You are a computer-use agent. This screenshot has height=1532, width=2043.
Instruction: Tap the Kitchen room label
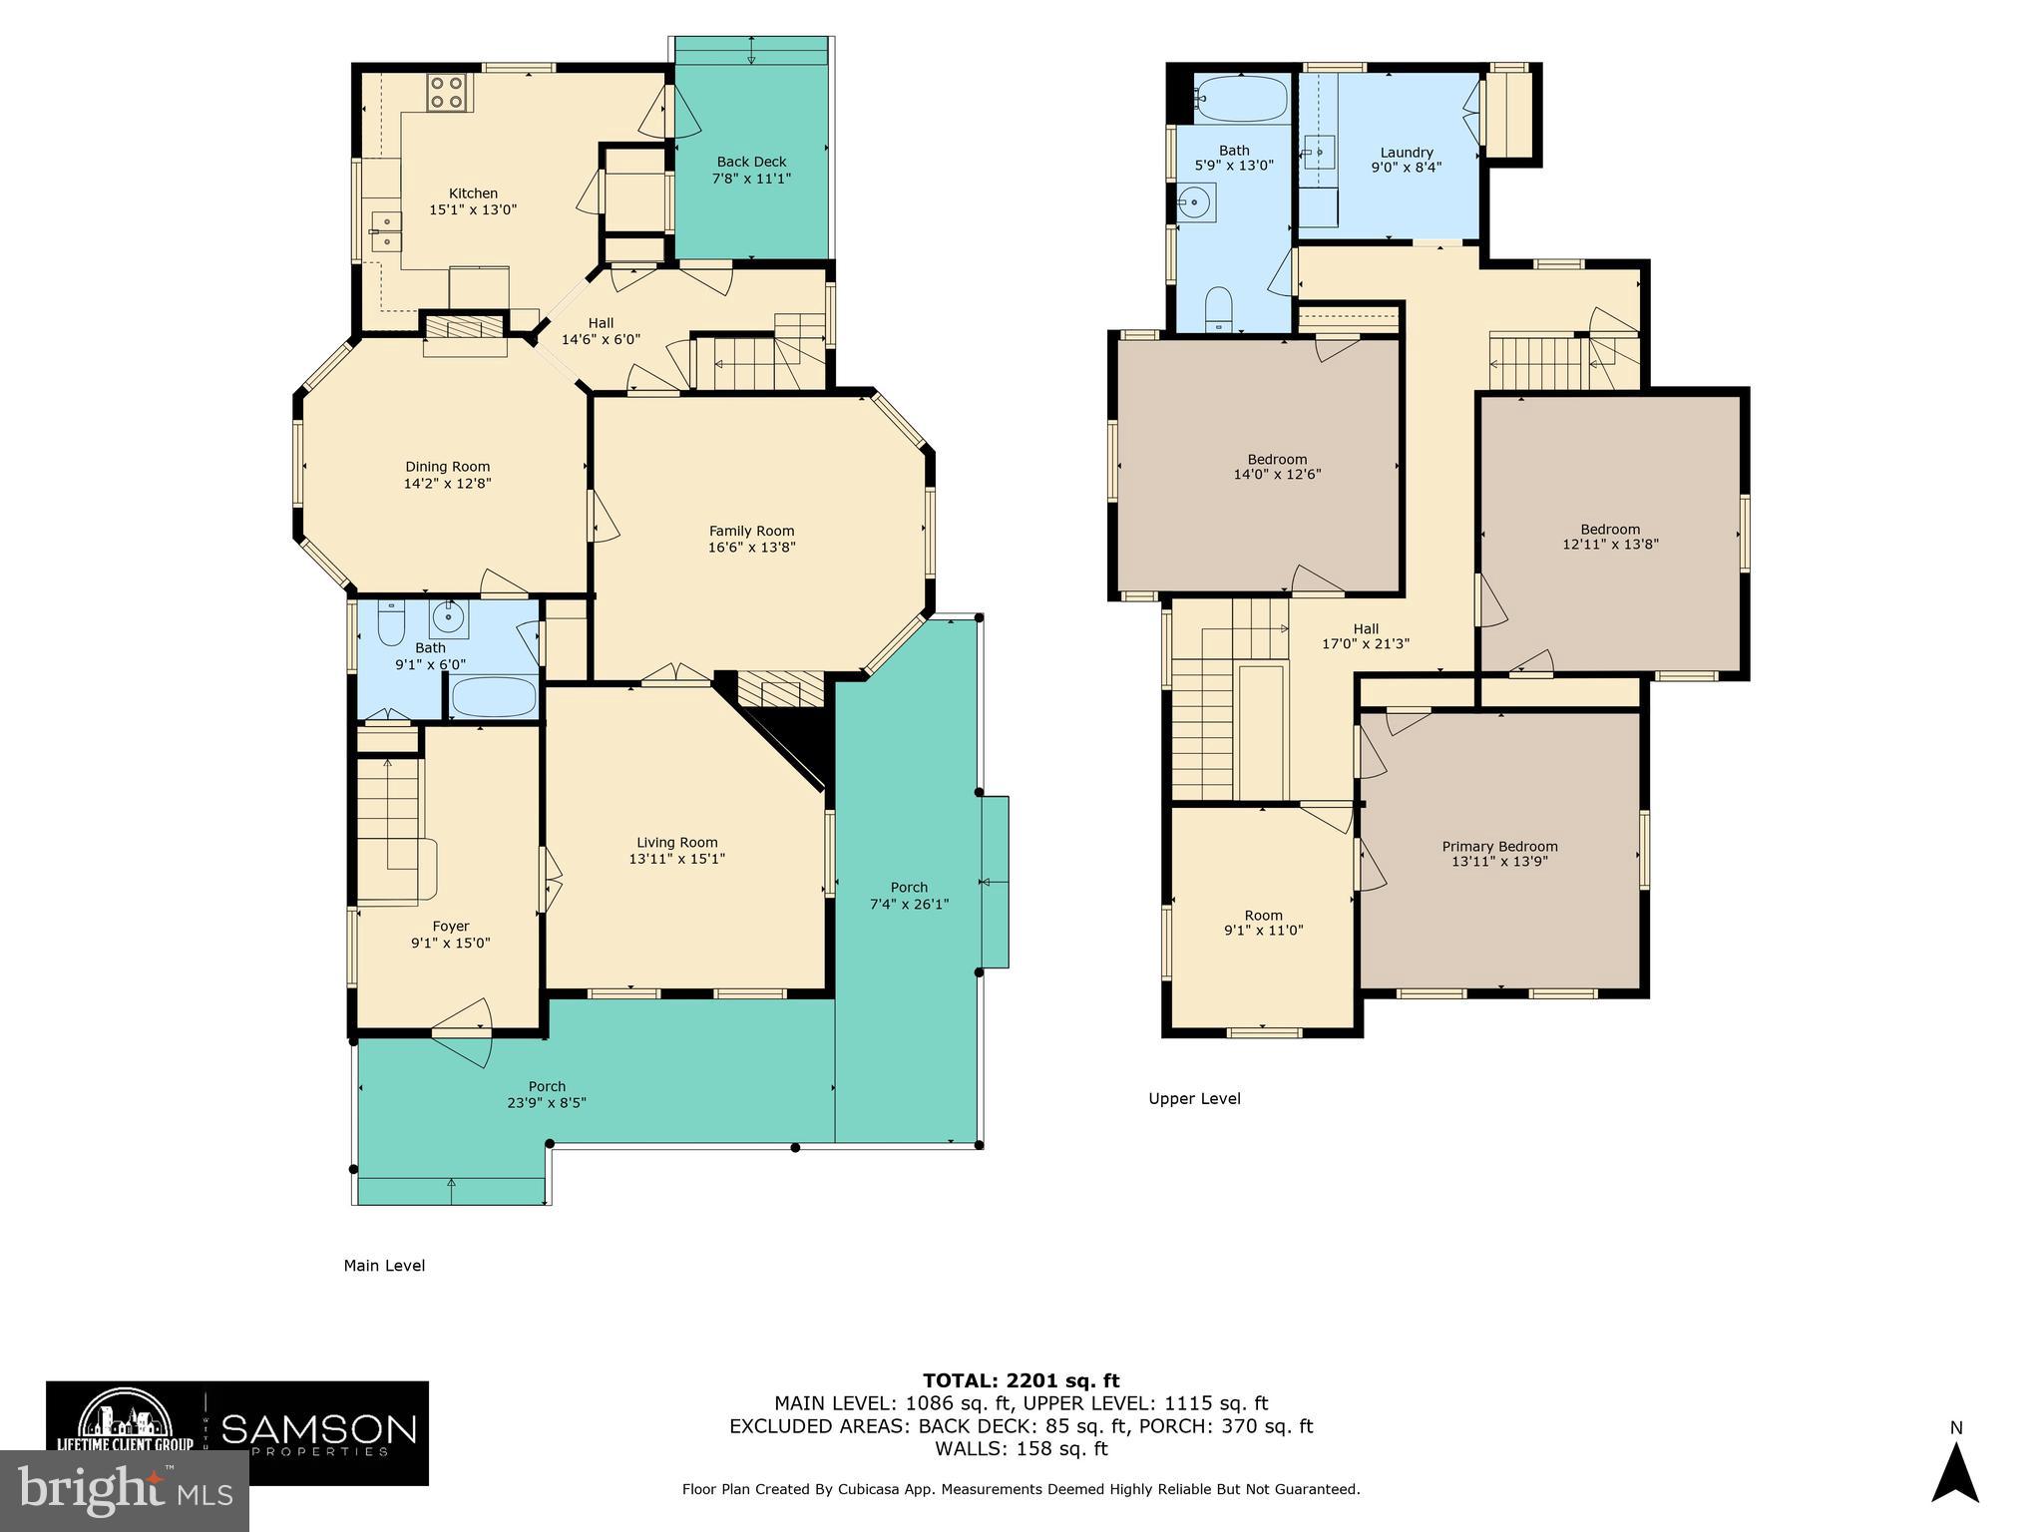tap(473, 193)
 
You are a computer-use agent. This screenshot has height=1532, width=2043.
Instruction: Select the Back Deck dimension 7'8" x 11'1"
tap(751, 179)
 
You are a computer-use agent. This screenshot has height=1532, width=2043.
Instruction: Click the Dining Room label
tap(447, 466)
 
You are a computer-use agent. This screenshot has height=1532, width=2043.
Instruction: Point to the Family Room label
tap(751, 531)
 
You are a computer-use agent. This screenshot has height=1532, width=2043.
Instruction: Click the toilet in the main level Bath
tap(391, 624)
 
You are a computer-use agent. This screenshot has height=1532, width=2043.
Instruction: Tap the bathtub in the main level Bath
tap(493, 697)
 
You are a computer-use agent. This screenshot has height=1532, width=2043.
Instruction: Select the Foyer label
tap(450, 926)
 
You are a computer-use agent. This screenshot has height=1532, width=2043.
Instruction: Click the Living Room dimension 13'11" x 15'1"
tap(676, 859)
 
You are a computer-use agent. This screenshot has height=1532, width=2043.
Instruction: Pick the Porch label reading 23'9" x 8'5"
tap(546, 1102)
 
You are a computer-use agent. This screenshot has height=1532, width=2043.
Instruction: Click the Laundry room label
tap(1407, 153)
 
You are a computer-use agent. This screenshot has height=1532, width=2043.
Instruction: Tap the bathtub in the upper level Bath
tap(1241, 98)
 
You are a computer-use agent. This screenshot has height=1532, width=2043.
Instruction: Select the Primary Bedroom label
tap(1499, 846)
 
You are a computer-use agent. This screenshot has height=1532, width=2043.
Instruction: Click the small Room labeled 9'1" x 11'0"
tap(1263, 923)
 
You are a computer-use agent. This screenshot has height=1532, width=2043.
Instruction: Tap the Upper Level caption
tap(1194, 1099)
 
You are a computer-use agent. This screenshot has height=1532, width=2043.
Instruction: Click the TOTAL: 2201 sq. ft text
tap(1021, 1380)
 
